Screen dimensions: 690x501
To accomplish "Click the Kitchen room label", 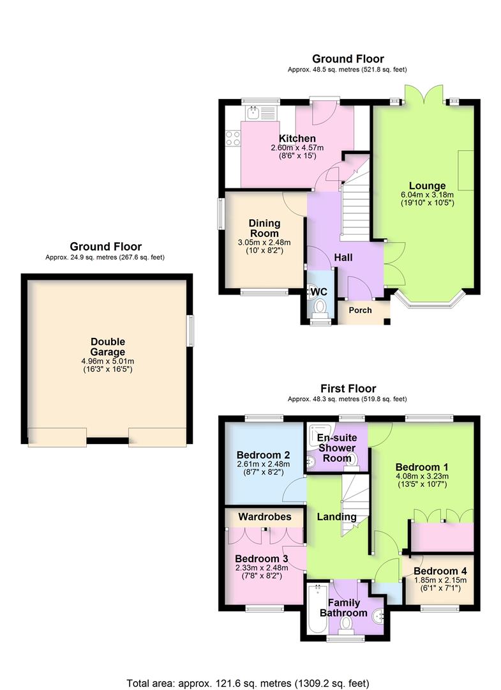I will click(x=297, y=139).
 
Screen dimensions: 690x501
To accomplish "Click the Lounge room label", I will click(x=422, y=186).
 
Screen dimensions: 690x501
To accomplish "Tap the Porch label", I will click(x=359, y=310).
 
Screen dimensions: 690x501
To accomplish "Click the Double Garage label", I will click(x=107, y=346).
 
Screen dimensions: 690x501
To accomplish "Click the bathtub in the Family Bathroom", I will click(x=316, y=609).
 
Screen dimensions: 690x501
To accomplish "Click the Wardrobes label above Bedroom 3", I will click(x=264, y=516).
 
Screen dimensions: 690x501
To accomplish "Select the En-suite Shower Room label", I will click(x=336, y=448).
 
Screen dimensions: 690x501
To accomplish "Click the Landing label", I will click(x=336, y=516).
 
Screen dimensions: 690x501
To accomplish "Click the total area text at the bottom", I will click(x=248, y=682).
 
